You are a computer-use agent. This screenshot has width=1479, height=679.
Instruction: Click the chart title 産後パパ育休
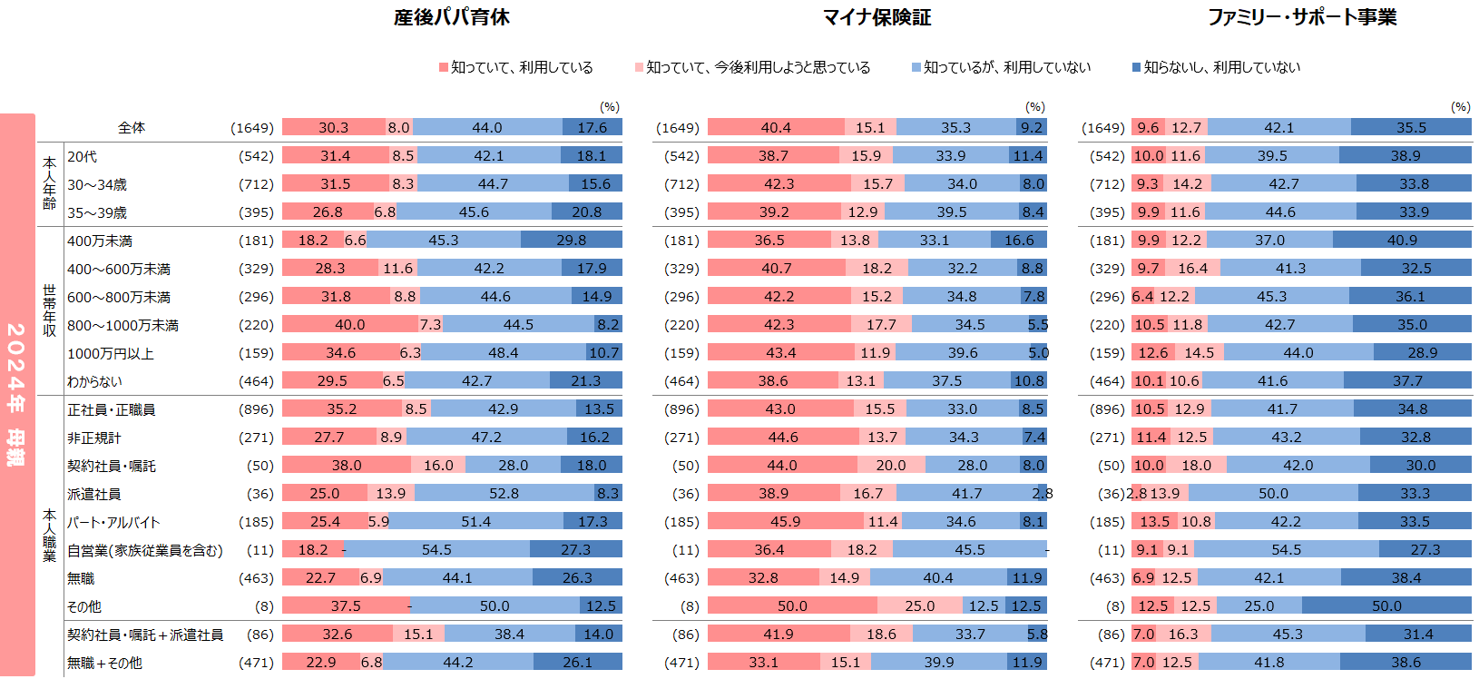(451, 17)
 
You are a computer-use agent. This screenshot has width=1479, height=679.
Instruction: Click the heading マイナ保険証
(877, 17)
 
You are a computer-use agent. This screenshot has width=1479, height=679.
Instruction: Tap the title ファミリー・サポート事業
(1301, 17)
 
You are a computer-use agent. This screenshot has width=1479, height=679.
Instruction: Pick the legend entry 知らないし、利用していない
(1221, 67)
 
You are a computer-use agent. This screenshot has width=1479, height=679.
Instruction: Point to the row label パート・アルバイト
(113, 522)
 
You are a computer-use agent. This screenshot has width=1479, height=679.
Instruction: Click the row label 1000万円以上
(111, 353)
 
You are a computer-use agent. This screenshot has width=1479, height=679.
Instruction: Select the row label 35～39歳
(97, 212)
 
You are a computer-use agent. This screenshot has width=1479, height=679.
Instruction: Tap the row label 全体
(132, 128)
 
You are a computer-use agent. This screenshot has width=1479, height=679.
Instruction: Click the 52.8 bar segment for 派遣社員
(504, 494)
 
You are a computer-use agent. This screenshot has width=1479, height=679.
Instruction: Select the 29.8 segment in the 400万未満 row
(572, 241)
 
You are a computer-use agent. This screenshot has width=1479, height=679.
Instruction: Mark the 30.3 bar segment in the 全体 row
(333, 128)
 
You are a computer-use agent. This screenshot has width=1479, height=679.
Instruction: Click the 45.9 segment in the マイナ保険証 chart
(785, 522)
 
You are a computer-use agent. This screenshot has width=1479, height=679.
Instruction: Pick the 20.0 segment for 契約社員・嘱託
(890, 466)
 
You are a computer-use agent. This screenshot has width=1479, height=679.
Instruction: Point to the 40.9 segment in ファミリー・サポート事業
(1402, 241)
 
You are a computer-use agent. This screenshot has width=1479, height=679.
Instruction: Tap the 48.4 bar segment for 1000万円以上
(503, 353)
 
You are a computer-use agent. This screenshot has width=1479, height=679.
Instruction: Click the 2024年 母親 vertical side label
(16, 394)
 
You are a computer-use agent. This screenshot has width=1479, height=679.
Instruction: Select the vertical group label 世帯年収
(50, 310)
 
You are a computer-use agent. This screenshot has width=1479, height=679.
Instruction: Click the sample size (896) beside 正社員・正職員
(256, 409)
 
